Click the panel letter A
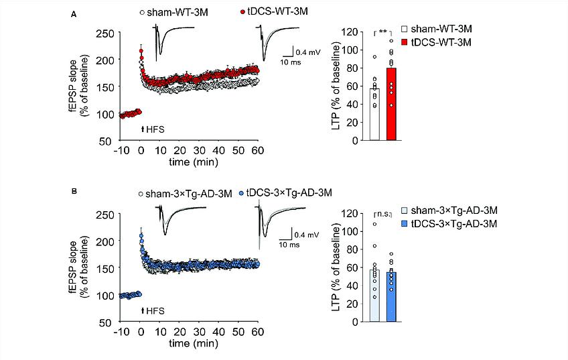coord(73,13)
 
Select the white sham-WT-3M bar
coord(375,114)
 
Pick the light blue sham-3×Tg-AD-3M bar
coord(375,295)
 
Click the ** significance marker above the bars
coord(383,32)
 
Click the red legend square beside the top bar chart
coord(405,42)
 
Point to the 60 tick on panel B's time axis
coord(257,333)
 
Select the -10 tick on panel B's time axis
coord(121,333)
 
